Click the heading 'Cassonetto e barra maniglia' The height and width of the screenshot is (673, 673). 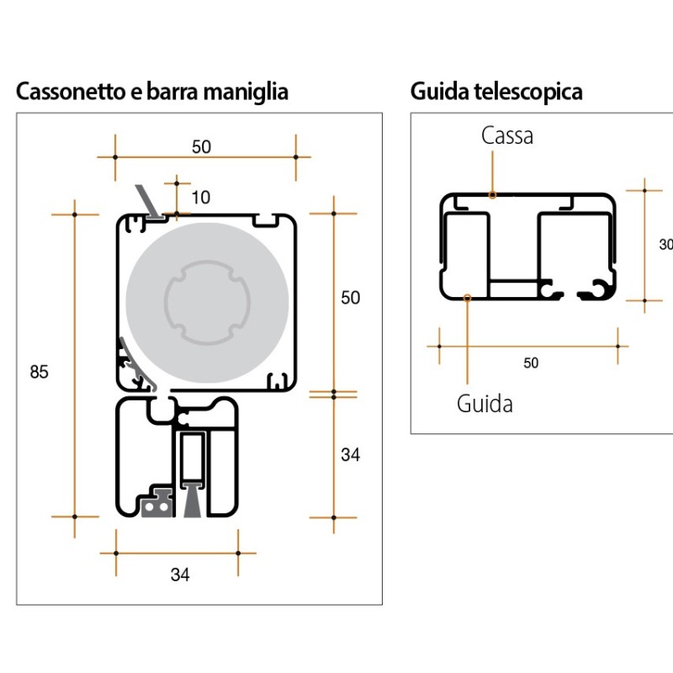tap(152, 91)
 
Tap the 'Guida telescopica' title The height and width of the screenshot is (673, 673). tap(496, 91)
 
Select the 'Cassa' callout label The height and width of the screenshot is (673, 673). tap(507, 135)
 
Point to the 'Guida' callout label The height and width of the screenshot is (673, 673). tap(485, 404)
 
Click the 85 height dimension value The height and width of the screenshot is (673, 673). tap(40, 372)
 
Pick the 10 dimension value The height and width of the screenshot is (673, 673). tap(200, 198)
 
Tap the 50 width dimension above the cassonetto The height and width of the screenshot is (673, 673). tap(200, 146)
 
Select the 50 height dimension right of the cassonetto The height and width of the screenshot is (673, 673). tap(350, 298)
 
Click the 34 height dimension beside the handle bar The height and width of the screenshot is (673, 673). tap(350, 455)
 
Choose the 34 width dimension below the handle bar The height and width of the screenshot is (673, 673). tap(180, 575)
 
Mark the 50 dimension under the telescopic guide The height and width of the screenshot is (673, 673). tap(530, 363)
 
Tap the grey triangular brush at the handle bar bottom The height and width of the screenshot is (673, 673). tap(191, 503)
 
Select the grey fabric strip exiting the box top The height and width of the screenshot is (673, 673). tap(148, 203)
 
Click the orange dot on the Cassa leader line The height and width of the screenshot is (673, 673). tap(493, 194)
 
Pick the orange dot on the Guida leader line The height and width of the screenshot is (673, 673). tap(468, 296)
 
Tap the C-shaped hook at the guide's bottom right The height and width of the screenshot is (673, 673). tap(600, 289)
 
